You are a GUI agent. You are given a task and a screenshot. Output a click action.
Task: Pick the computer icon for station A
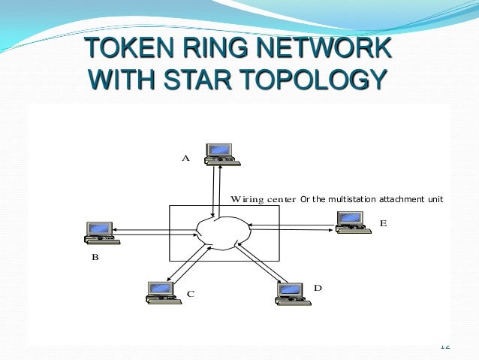pos(221,153)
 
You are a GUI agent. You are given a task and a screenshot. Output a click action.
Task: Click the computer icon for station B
pos(101,231)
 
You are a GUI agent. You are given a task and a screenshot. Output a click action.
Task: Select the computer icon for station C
pos(161,292)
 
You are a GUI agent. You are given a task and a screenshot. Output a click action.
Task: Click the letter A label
pos(185,159)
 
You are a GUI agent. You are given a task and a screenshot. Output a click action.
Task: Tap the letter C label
pos(190,294)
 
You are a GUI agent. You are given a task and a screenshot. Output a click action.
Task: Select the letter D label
pos(318,288)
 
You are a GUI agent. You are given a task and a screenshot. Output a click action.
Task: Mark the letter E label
pos(383,223)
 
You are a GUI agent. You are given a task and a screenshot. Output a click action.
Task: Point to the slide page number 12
pos(444,346)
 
